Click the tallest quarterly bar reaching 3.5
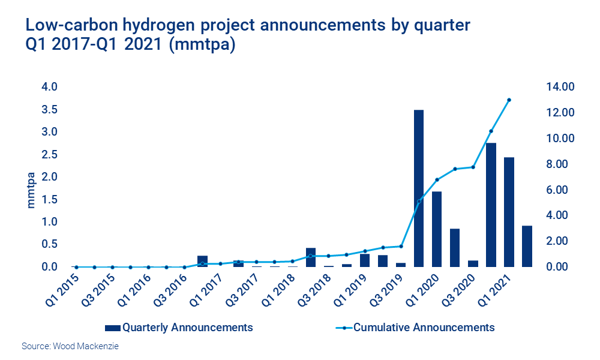[419, 188]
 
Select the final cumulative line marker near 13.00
[509, 100]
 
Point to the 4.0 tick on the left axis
[49, 87]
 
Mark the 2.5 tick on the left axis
[49, 155]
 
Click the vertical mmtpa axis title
[31, 190]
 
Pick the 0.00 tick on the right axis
[558, 267]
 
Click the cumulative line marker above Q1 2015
[76, 267]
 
